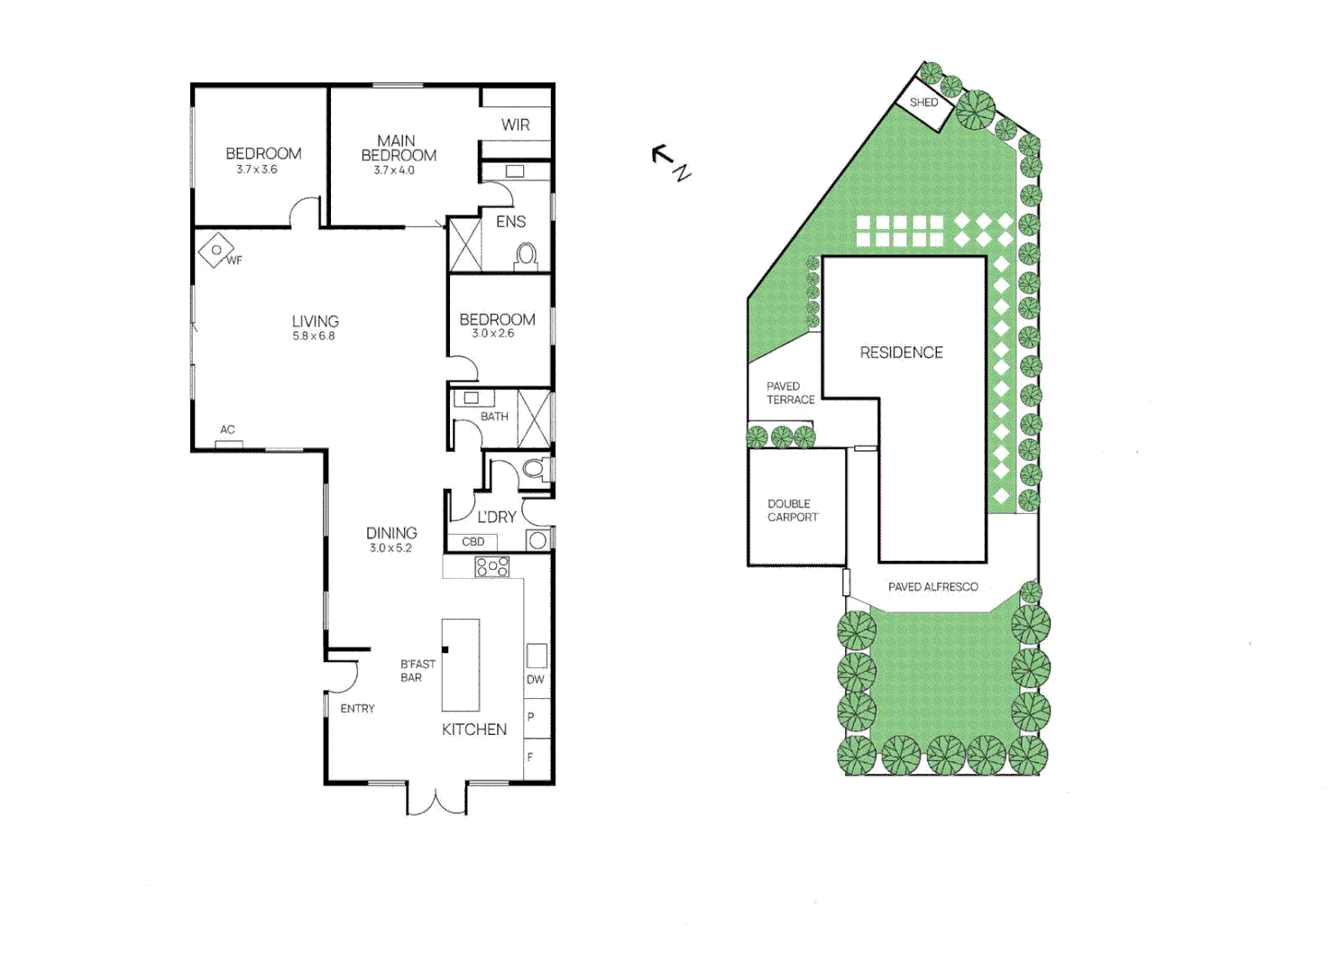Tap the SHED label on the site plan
pos(923,103)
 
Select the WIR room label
pos(516,125)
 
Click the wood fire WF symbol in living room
pos(216,251)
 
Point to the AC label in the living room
pos(227,430)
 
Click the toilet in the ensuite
pos(526,257)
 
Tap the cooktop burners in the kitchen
pos(492,566)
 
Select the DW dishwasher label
pos(536,680)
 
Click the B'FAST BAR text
pos(418,671)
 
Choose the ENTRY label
pos(357,709)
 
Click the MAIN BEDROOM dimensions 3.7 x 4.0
pos(394,170)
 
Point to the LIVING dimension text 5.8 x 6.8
pos(313,336)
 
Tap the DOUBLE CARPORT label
pos(793,510)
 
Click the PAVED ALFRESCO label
pos(932,587)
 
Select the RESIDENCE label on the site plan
pos(901,353)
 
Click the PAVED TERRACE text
pos(790,393)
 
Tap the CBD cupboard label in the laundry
pos(473,542)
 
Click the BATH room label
pos(494,417)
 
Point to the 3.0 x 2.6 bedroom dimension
pos(492,334)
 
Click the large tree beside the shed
pos(975,110)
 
